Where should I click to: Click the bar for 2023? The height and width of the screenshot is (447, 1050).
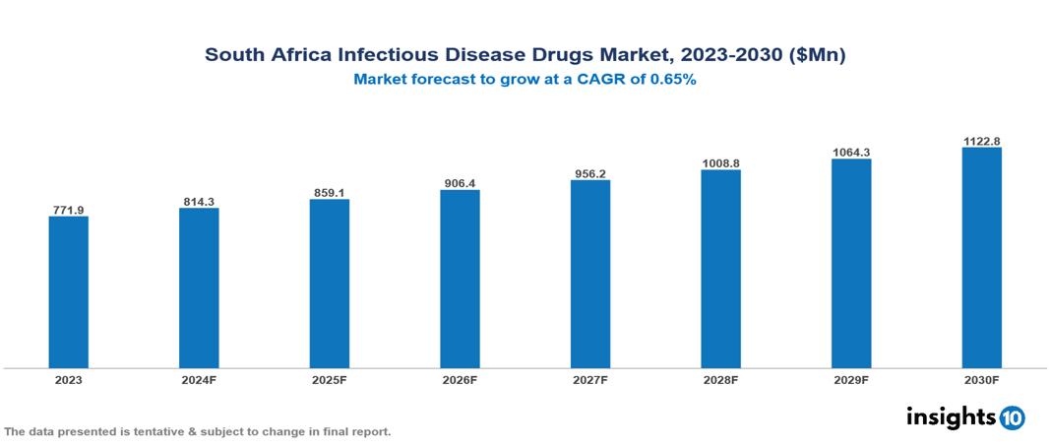(69, 292)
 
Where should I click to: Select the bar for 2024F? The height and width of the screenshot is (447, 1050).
(199, 288)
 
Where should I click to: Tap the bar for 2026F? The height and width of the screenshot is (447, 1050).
(460, 280)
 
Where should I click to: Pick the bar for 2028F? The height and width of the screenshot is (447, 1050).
(720, 269)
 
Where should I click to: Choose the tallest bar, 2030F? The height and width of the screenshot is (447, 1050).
(981, 258)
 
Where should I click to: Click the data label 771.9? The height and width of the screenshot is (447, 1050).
(69, 210)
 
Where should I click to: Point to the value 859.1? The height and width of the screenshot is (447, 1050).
(330, 193)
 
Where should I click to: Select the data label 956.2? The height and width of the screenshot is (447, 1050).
(590, 174)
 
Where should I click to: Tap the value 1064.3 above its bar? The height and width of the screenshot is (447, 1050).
(851, 153)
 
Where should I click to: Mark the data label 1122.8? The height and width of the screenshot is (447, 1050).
(981, 142)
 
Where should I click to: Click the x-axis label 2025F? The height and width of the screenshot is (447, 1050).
(330, 379)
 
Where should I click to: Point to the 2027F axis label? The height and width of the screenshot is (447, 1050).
(590, 379)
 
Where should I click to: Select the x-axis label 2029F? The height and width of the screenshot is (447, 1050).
(851, 379)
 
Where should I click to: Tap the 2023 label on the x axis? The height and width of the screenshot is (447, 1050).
(69, 379)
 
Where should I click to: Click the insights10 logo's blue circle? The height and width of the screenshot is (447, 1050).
(1012, 417)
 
